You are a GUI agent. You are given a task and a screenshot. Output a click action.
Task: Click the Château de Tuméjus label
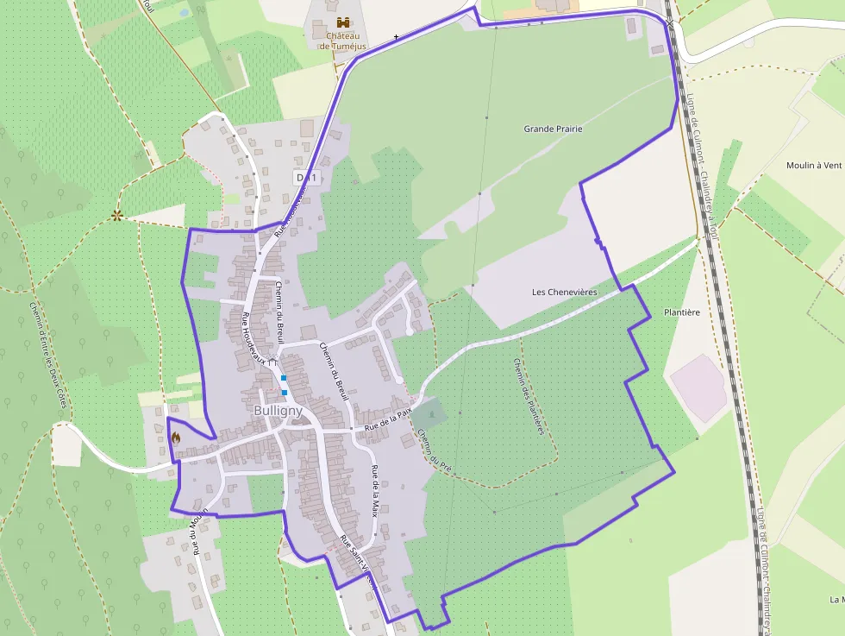(x=342, y=41)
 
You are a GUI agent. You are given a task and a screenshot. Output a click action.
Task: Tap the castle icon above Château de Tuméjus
(x=342, y=22)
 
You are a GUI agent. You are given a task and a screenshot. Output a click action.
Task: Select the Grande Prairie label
(x=553, y=129)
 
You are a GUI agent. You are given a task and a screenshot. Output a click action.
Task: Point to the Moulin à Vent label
(x=813, y=165)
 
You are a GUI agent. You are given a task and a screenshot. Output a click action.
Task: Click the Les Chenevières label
(x=565, y=293)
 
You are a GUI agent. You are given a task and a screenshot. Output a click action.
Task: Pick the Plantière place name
(x=681, y=312)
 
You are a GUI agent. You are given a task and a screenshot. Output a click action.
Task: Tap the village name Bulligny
(x=279, y=412)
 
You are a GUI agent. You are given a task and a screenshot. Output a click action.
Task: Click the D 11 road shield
(x=306, y=178)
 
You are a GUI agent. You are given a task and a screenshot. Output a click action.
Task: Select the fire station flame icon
(x=176, y=438)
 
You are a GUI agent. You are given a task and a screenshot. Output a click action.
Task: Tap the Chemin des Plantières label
(x=529, y=396)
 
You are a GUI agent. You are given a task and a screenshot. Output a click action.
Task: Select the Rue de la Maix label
(x=375, y=488)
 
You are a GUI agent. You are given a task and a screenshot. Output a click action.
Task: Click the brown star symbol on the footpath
(x=116, y=216)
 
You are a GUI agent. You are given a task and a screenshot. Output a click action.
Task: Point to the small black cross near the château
(x=396, y=37)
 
